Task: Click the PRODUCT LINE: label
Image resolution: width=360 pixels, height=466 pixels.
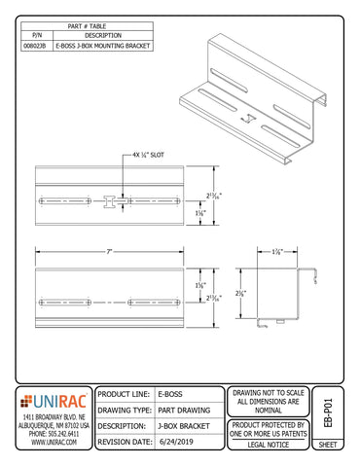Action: [x=126, y=395]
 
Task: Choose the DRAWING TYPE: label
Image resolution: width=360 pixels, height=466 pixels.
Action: [x=126, y=411]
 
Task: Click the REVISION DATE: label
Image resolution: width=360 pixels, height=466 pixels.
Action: [x=126, y=442]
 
